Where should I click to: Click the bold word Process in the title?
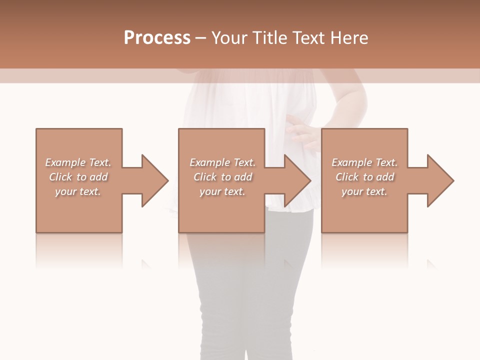click(x=157, y=37)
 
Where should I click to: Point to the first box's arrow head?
click(x=154, y=180)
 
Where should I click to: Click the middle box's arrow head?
click(x=297, y=180)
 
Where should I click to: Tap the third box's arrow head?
click(x=440, y=180)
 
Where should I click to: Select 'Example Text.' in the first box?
click(x=78, y=162)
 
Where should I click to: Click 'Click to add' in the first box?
click(x=78, y=177)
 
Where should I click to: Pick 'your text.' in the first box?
click(x=78, y=191)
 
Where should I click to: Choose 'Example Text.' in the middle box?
click(x=222, y=162)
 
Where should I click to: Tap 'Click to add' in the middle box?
click(x=223, y=177)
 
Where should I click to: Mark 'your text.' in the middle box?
click(x=222, y=191)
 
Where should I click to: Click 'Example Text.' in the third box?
click(x=364, y=162)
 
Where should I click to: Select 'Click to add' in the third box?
click(x=365, y=177)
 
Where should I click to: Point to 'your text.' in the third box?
click(x=364, y=191)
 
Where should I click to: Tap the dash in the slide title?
click(x=200, y=38)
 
